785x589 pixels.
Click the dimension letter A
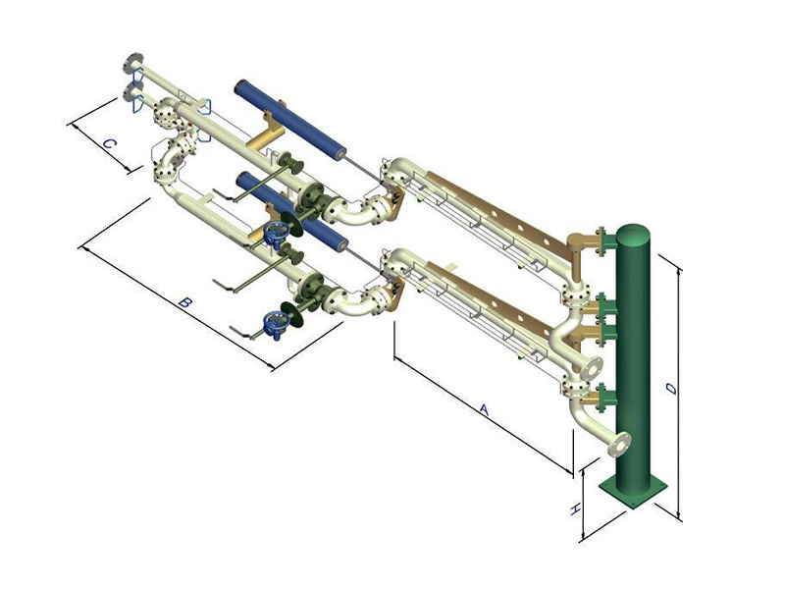pos(484,409)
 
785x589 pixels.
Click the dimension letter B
pos(185,302)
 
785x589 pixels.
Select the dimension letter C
pos(110,144)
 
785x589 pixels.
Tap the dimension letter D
pos(672,388)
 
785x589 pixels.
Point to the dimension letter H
pos(576,509)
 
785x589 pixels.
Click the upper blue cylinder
pos(290,120)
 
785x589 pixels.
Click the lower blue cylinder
pos(292,211)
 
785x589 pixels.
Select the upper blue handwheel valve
pos(276,233)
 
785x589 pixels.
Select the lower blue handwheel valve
pos(275,325)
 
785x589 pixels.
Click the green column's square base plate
pos(633,493)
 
